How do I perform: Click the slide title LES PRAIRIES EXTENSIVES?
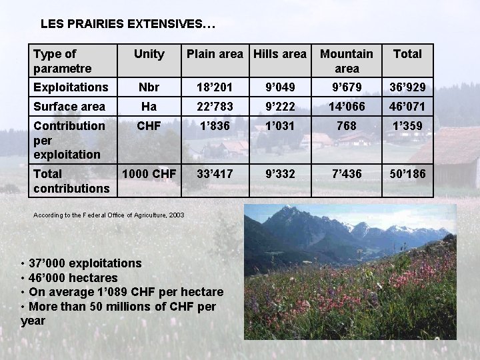point(127,24)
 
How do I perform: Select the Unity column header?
point(149,54)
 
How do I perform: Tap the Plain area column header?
point(215,54)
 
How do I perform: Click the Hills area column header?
point(280,54)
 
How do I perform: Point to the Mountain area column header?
point(347,61)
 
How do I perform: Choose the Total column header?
point(407,54)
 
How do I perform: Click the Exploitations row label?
point(71,87)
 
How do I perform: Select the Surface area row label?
point(69,107)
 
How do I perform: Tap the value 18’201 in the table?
point(215,87)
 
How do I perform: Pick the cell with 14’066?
point(347,107)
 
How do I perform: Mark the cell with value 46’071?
point(407,107)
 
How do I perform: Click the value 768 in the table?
point(347,126)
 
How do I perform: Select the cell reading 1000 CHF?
point(149,174)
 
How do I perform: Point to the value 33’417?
point(215,174)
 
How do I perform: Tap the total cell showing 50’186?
point(407,174)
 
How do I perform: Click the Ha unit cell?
point(149,107)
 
